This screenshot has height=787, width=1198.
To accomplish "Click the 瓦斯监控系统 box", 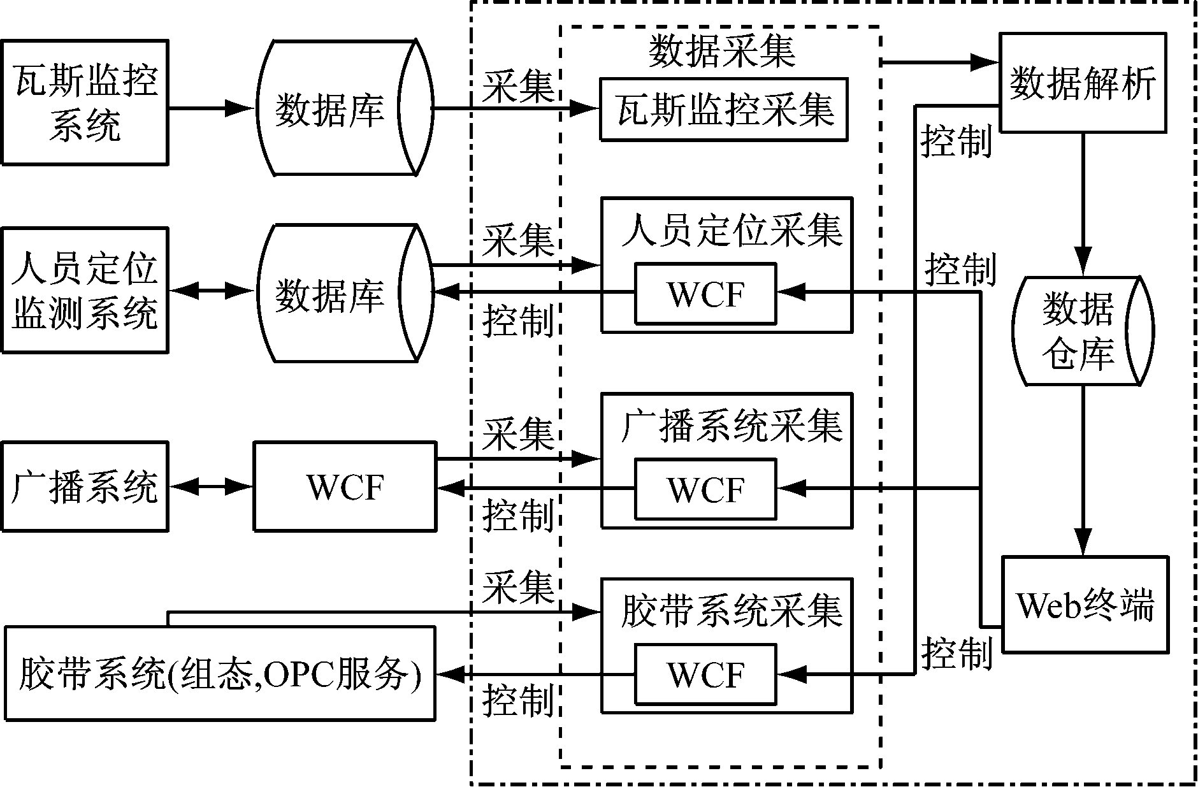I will [x=85, y=103].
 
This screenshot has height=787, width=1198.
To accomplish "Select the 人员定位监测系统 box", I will [x=85, y=290].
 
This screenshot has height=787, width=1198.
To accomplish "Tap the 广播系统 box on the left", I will [x=85, y=487].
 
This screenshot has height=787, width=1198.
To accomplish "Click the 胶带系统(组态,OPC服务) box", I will [x=220, y=674].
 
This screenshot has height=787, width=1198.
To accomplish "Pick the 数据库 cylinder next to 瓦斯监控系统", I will [x=338, y=108].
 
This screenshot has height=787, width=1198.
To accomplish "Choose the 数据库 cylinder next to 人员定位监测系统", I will [x=338, y=293].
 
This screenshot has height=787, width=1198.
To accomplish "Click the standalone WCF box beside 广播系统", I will [x=345, y=487].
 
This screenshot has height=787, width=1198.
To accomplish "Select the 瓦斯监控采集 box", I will [x=724, y=109].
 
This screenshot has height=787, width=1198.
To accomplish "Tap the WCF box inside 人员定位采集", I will [x=705, y=294].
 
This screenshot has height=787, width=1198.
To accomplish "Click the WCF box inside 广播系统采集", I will [x=705, y=489].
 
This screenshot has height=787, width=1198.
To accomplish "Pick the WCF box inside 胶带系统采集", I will [x=705, y=674].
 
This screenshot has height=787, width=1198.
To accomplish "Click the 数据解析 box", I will [x=1083, y=83].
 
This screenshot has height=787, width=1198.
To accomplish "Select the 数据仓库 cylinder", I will [x=1083, y=331].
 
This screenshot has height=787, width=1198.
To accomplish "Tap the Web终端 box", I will [x=1085, y=604].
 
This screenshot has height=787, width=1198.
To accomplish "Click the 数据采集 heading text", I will [x=722, y=51].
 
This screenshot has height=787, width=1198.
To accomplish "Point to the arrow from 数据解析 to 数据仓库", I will [x=1083, y=204].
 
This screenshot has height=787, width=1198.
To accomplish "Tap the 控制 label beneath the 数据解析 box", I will [x=956, y=141].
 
